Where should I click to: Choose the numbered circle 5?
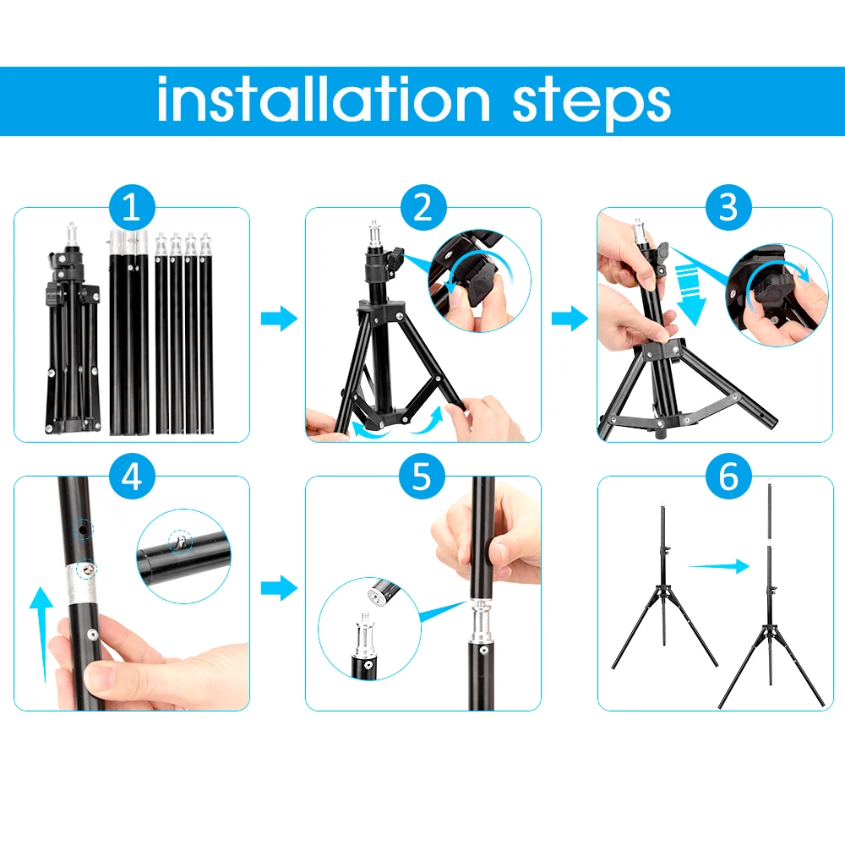422,477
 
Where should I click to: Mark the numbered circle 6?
728,477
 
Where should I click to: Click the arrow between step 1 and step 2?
278,319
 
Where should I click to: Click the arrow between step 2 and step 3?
570,319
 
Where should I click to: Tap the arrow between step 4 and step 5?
278,588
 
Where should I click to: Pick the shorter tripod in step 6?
664,591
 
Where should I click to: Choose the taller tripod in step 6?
771,600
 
